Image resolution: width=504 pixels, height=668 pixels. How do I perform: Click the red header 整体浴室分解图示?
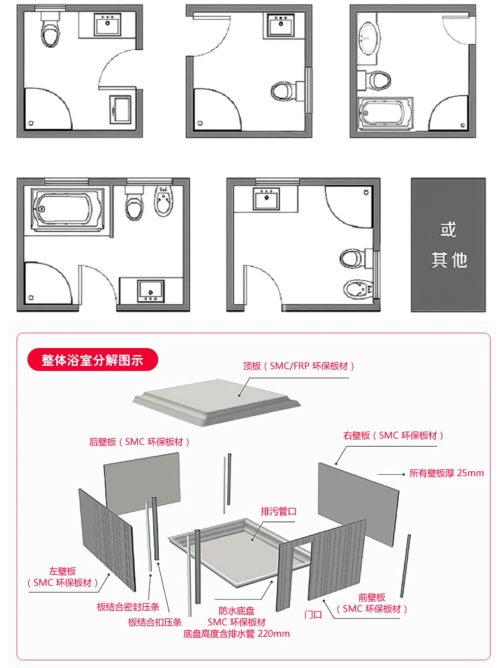pos(92,360)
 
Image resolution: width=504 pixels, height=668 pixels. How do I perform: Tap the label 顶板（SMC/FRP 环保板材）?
pos(298,366)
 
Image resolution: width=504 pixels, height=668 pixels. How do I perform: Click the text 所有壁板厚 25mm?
pos(447,473)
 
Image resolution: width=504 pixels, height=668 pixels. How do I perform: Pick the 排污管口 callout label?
pos(279,511)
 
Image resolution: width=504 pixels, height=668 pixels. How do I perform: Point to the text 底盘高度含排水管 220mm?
pos(236,634)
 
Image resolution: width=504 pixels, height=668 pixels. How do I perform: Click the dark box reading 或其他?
pos(448,245)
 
